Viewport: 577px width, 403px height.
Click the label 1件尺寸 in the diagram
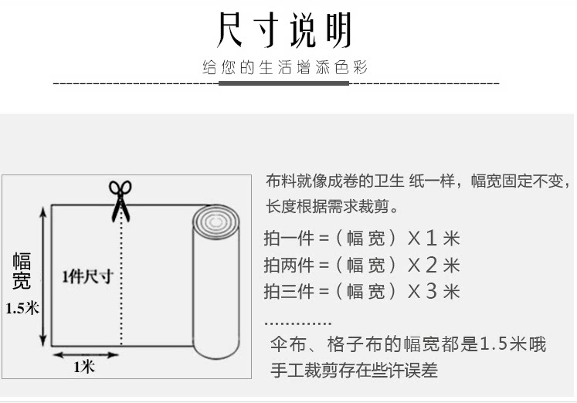87,276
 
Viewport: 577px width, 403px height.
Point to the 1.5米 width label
22,308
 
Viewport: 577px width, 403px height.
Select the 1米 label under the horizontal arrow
84,367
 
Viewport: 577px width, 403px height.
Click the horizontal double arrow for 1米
85,354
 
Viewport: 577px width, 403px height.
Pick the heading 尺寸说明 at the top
285,31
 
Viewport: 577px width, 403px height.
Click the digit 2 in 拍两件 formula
432,266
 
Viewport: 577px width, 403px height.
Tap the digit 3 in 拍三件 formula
432,292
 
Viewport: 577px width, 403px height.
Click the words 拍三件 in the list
289,292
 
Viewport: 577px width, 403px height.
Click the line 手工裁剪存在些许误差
353,371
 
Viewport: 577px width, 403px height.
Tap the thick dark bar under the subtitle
283,83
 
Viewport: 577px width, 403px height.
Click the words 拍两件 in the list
289,266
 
